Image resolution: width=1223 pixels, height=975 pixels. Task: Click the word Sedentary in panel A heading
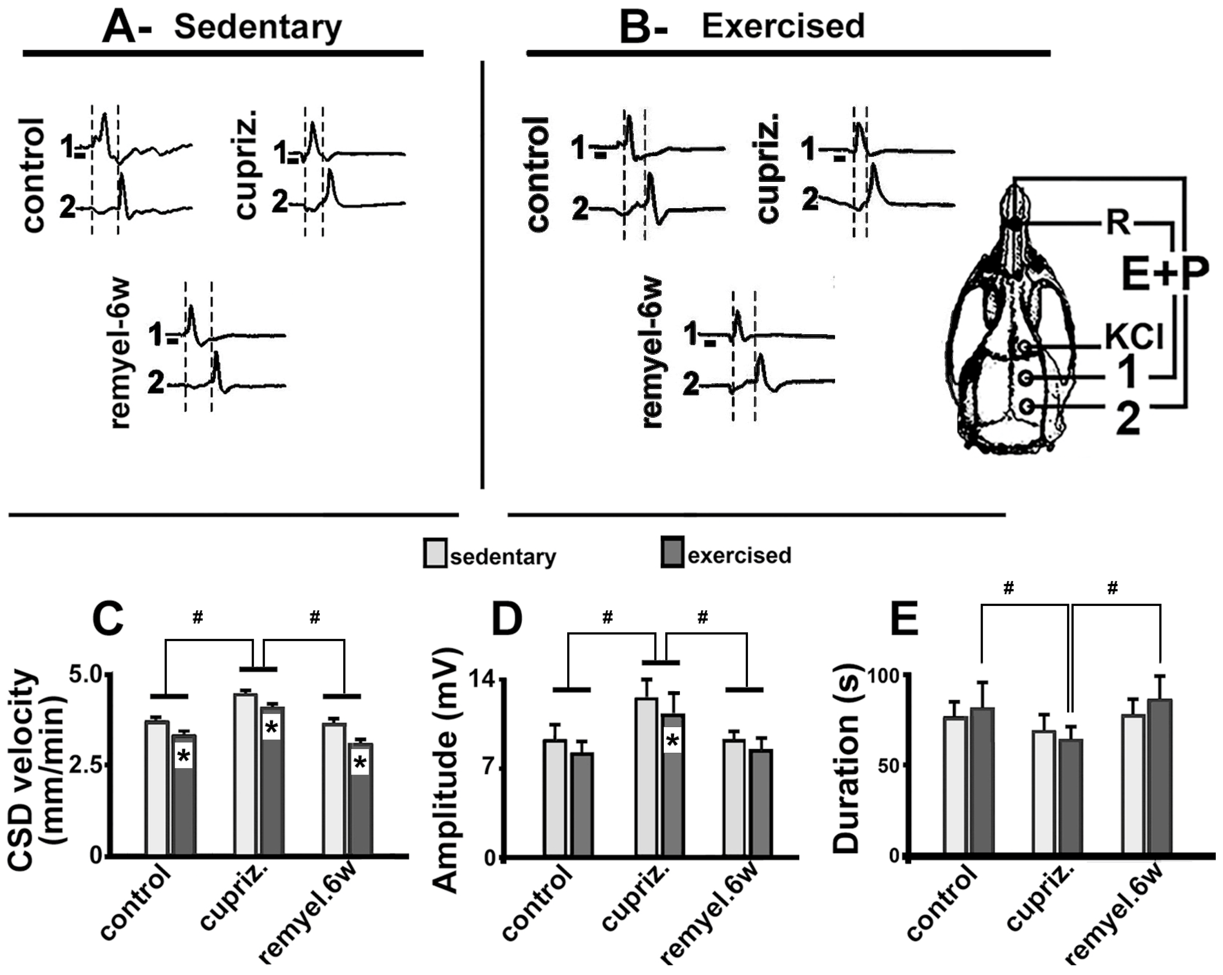point(258,27)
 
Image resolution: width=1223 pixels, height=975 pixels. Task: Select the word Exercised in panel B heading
point(783,26)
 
